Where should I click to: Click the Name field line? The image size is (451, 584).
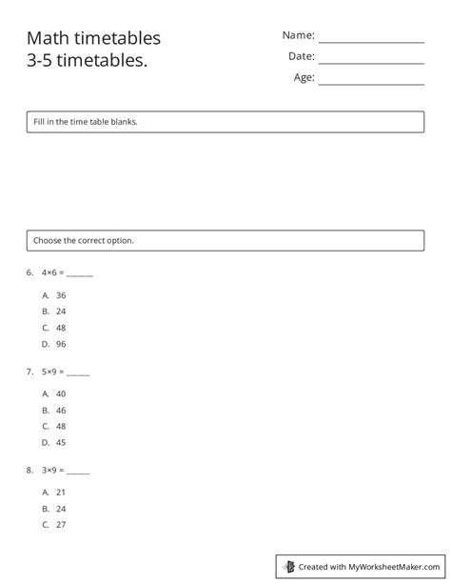pyautogui.click(x=371, y=41)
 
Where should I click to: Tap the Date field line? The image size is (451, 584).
pyautogui.click(x=371, y=62)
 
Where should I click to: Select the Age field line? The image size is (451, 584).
pyautogui.click(x=371, y=84)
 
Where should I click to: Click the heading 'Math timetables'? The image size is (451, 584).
pyautogui.click(x=93, y=38)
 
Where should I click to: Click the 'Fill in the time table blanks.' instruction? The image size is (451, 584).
pyautogui.click(x=86, y=122)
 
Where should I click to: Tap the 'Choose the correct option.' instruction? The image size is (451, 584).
pyautogui.click(x=84, y=240)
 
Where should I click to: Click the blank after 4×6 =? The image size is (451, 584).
pyautogui.click(x=80, y=274)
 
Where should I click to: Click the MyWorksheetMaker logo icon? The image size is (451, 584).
pyautogui.click(x=288, y=566)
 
